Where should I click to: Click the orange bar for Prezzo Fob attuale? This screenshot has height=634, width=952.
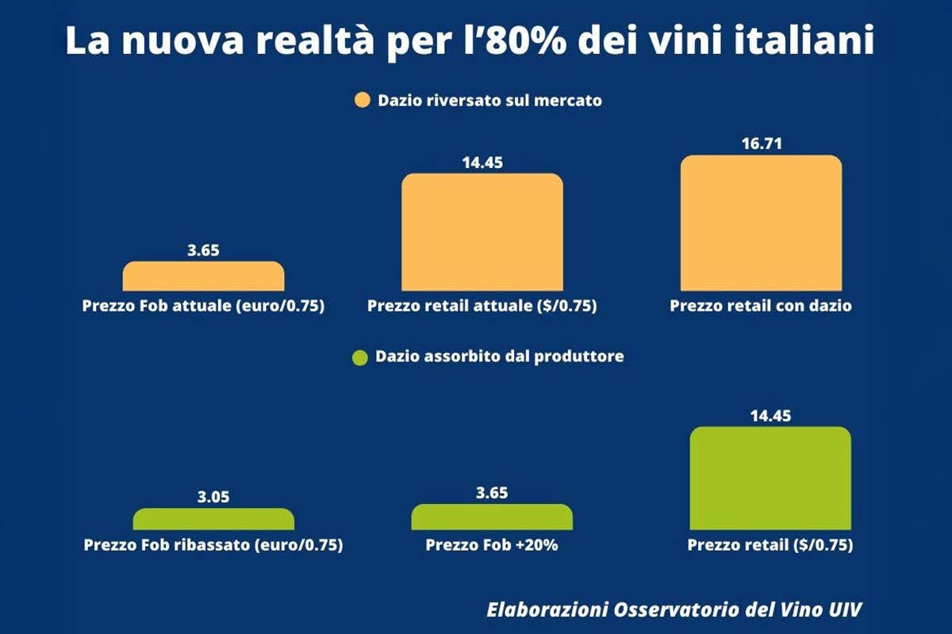(x=203, y=277)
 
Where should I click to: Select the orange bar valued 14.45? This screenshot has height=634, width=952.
(x=482, y=232)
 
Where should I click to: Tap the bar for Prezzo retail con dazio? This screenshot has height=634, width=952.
(x=761, y=223)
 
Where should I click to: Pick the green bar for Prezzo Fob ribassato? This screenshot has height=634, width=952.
(x=213, y=519)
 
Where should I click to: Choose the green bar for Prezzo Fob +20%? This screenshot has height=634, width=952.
(x=492, y=517)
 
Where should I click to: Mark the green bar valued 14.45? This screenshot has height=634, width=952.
(x=770, y=478)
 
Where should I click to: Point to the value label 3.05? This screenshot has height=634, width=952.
(x=213, y=498)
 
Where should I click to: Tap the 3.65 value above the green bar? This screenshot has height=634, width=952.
(x=492, y=493)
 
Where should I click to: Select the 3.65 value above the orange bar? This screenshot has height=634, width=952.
(x=203, y=250)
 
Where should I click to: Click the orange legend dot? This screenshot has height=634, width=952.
(x=363, y=101)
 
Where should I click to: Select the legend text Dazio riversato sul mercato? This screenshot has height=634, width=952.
(x=489, y=101)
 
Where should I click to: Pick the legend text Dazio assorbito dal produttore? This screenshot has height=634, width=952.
(x=500, y=357)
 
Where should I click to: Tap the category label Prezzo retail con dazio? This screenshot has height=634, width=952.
(x=761, y=306)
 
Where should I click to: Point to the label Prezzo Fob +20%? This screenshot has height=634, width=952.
(x=492, y=545)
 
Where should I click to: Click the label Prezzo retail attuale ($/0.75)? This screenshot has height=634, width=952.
(x=482, y=306)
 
